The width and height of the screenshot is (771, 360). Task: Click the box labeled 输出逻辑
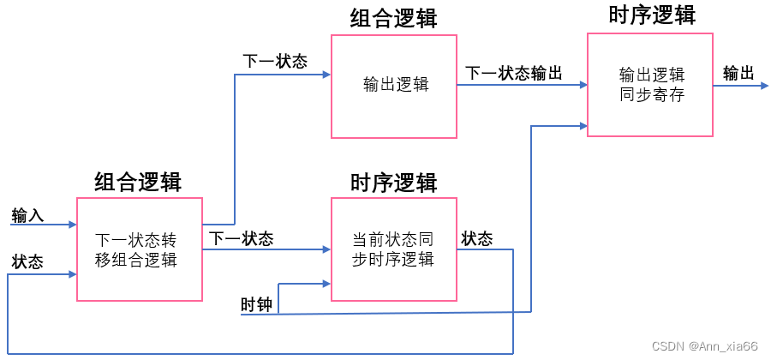pos(394,86)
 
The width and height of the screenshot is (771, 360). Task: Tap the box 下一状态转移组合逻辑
pos(140,249)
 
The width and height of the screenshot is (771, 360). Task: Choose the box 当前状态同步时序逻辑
pos(394,249)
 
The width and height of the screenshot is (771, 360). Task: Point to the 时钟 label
pos(256,304)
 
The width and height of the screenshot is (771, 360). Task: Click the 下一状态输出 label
pos(513,74)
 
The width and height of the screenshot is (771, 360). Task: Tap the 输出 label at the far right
pos(738,74)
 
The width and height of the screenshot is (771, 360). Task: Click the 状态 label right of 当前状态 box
pos(477,239)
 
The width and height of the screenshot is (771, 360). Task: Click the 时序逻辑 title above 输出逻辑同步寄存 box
pos(651,15)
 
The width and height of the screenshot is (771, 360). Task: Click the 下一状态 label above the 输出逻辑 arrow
pos(275,62)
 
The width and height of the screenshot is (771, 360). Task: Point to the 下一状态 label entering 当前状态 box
pos(242,238)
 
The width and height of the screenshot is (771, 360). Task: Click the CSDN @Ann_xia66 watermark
pos(704,346)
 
